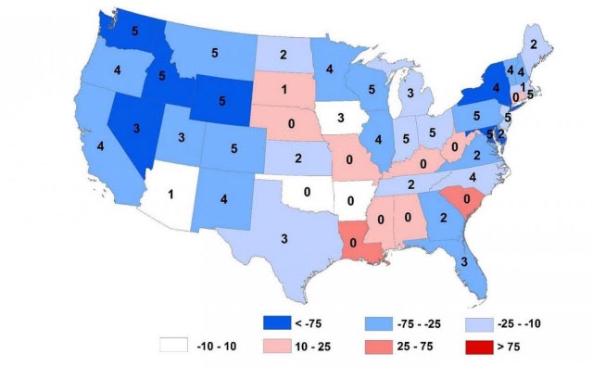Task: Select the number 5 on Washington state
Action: tap(135, 30)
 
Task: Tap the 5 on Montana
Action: tap(216, 52)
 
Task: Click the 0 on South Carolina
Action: tap(455, 198)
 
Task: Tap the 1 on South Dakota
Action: tap(285, 90)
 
